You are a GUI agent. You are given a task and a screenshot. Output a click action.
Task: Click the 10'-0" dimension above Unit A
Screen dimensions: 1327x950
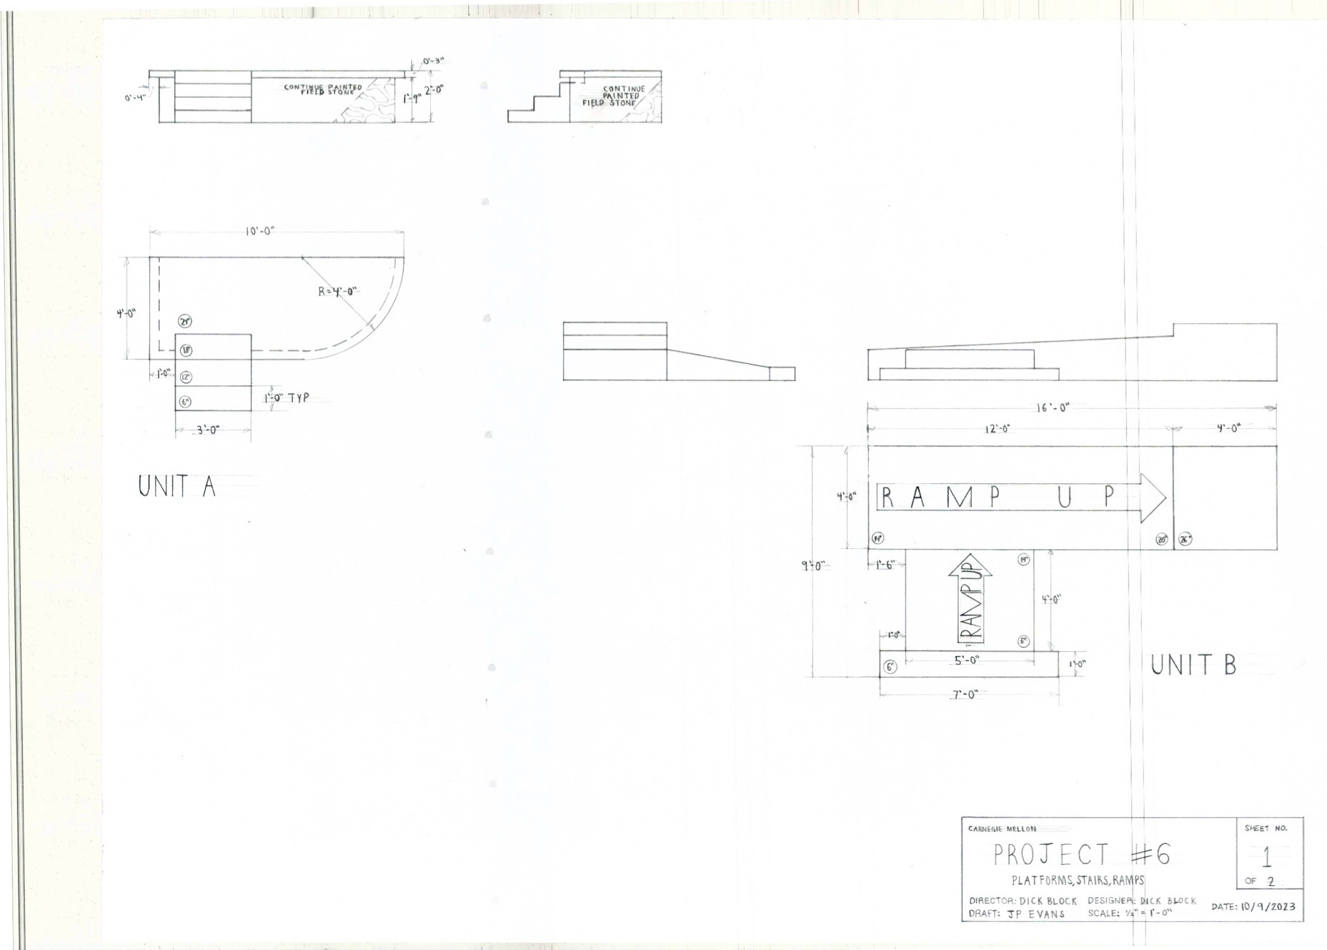[259, 232]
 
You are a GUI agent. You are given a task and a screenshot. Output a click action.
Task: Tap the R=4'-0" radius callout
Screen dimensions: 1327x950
[337, 292]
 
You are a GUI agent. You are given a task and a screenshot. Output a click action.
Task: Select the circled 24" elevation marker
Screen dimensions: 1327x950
[186, 322]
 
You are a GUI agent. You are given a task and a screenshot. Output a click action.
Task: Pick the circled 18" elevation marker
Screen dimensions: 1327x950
[186, 350]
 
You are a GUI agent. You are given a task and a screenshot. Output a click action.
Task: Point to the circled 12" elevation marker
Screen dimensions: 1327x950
[186, 377]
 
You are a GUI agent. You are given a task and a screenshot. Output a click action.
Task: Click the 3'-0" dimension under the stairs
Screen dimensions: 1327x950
[207, 430]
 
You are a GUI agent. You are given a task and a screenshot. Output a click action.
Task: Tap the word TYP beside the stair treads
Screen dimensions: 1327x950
[299, 398]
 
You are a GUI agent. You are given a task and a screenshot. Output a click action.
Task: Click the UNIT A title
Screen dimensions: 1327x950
[177, 487]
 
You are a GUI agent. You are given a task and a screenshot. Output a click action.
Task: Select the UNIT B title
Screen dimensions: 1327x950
[1193, 666]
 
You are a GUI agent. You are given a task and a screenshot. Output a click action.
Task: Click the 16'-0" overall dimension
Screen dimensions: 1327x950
[1053, 408]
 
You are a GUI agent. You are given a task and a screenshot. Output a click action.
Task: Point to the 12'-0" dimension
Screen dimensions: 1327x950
[998, 429]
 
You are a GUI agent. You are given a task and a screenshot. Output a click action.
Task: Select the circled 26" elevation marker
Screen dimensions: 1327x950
[1185, 540]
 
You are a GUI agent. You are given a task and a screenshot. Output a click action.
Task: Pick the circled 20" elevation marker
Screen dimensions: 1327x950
[1162, 540]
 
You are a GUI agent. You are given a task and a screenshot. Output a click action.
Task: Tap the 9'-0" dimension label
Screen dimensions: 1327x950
[813, 566]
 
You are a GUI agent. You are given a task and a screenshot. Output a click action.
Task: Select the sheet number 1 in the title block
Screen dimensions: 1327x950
[1267, 857]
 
